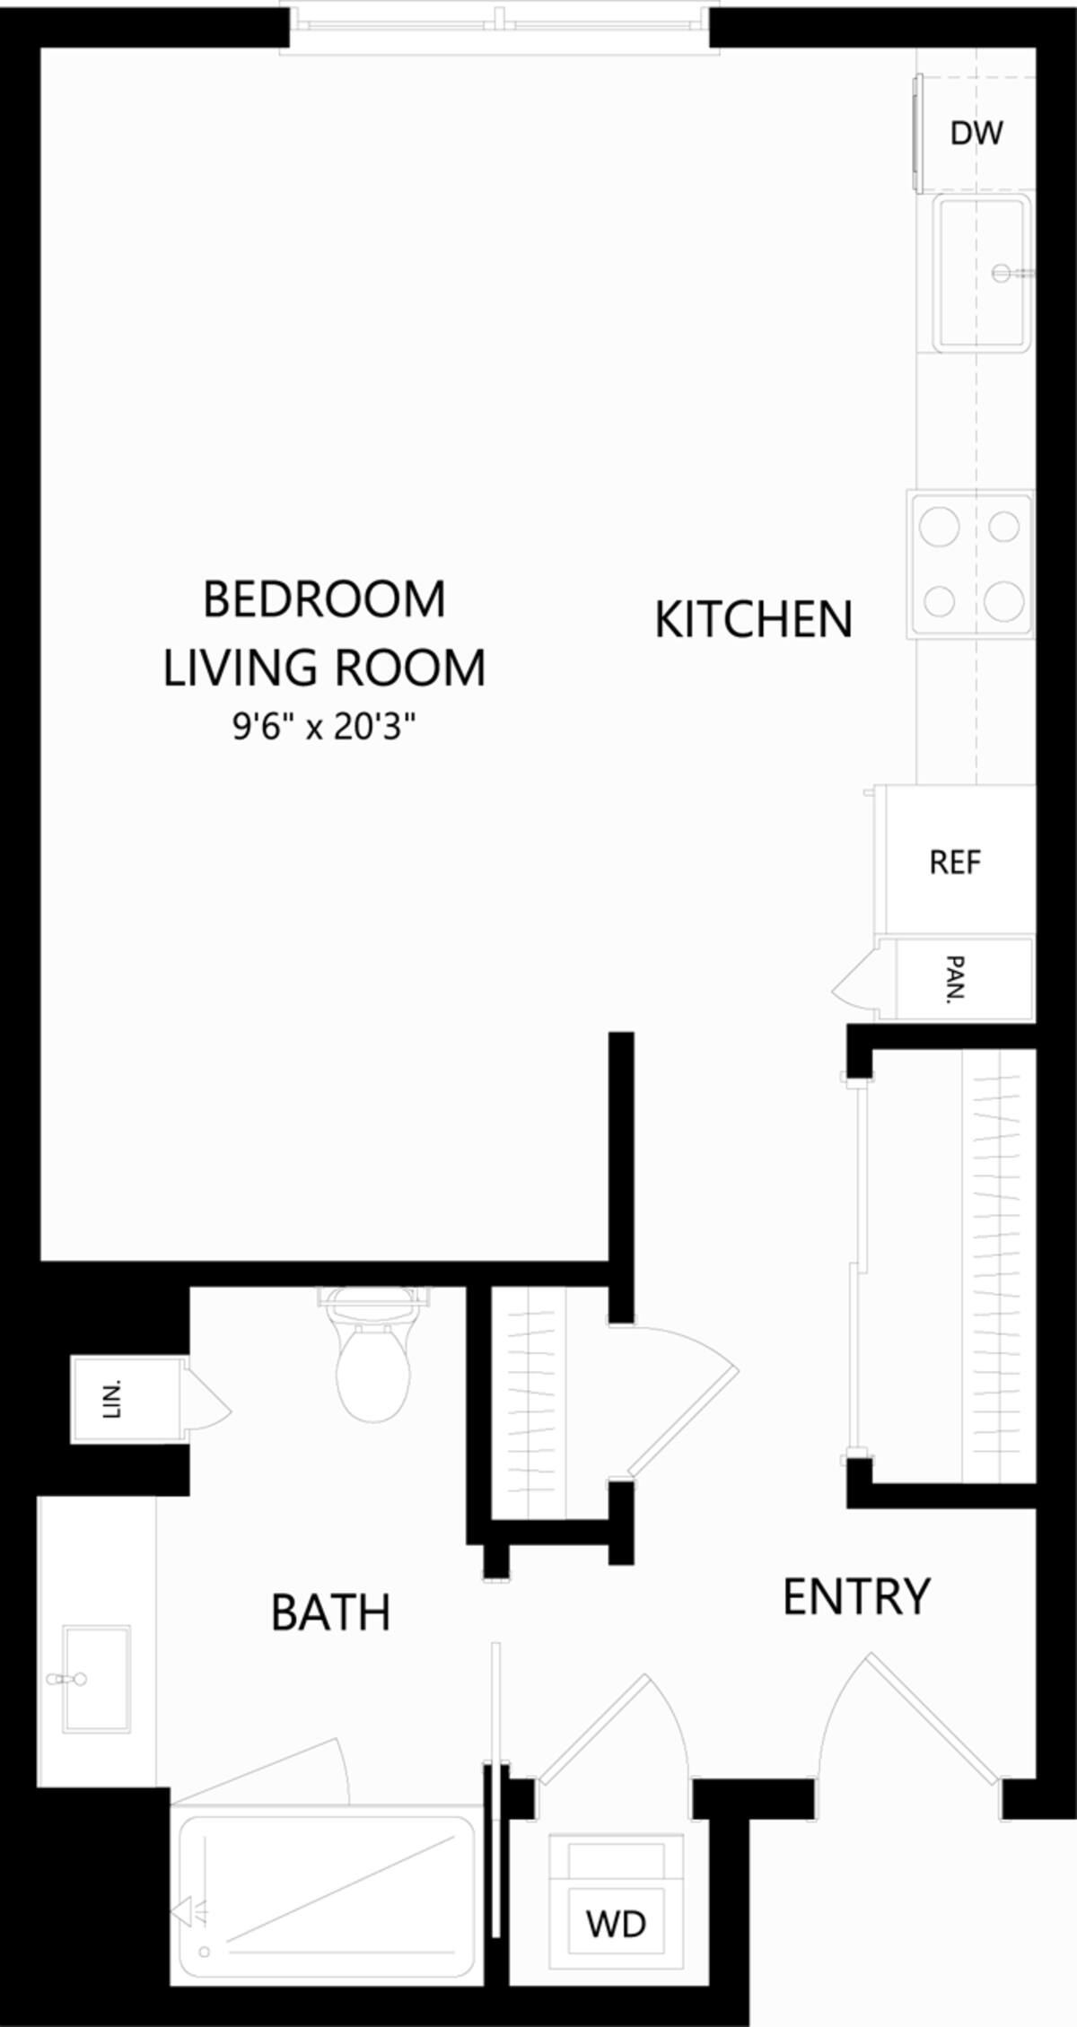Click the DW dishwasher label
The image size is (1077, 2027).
pos(976,134)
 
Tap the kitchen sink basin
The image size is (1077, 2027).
pos(980,274)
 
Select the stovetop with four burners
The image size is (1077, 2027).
pos(971,564)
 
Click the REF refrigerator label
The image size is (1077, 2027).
pos(955,862)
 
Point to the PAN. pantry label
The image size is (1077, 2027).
pos(957,979)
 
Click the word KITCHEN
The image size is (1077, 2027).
pos(753,620)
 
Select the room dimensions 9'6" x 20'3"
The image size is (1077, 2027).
pos(325,726)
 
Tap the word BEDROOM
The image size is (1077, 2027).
pos(324,599)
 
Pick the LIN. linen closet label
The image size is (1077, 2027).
pos(113,1400)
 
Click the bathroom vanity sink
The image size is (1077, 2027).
pos(95,1678)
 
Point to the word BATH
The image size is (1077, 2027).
pos(330,1612)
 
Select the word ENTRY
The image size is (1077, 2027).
pos(856,1596)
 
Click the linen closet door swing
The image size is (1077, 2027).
pos(207,1399)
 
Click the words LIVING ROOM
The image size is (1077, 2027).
pos(324,668)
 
